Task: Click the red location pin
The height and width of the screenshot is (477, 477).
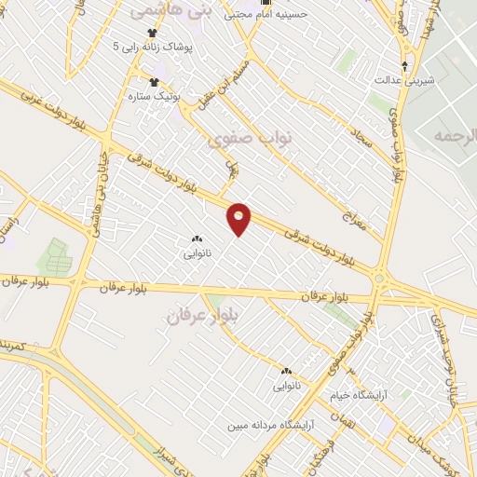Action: point(239,218)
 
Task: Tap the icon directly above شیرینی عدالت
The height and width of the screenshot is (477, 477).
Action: point(404,64)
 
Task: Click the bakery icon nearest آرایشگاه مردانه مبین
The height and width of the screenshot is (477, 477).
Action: point(285,370)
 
